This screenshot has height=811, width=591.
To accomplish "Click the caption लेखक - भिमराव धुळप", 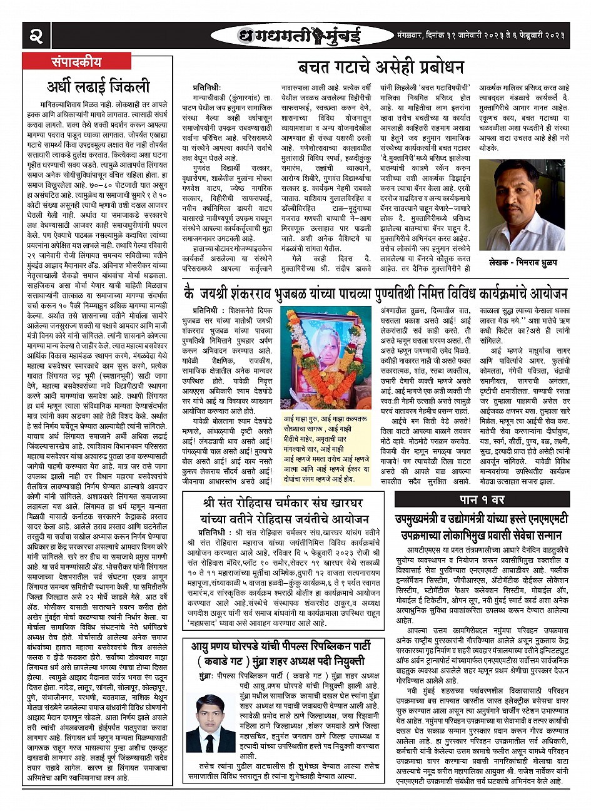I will pyautogui.click(x=522, y=262).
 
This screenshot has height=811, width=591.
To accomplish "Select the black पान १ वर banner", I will pyautogui.click(x=482, y=499).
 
